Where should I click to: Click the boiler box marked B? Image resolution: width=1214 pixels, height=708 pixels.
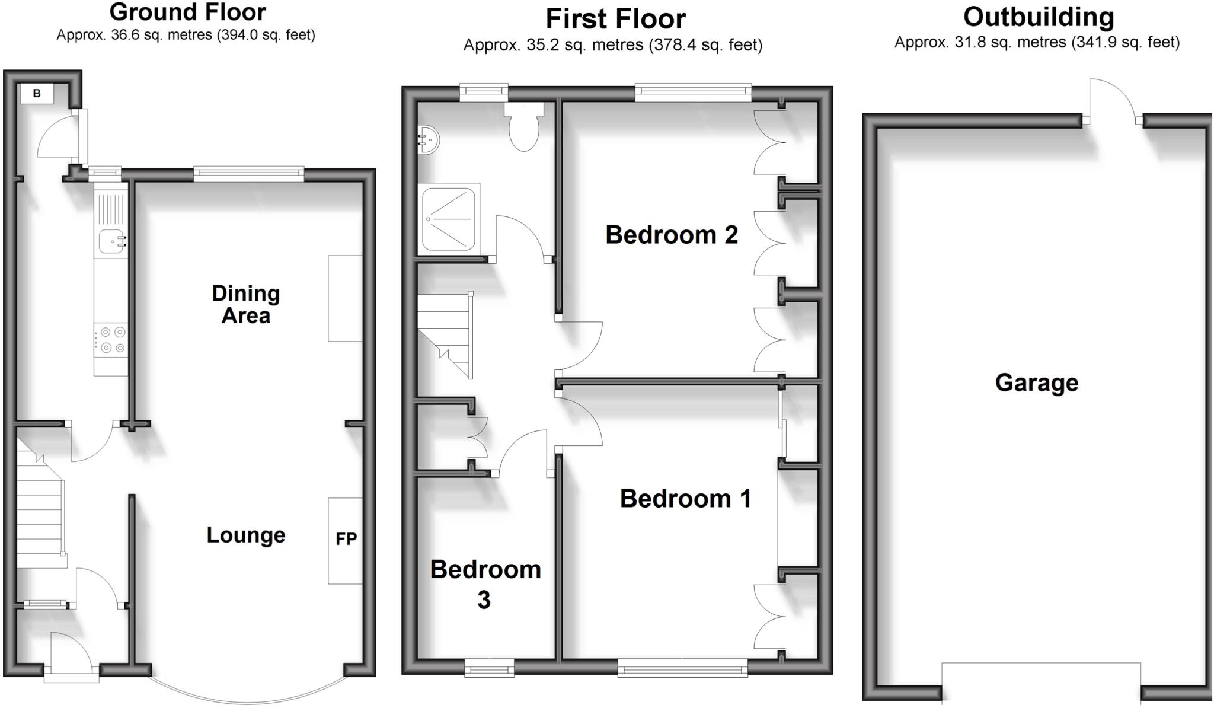(37, 93)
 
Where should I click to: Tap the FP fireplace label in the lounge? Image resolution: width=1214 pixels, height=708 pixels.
(346, 539)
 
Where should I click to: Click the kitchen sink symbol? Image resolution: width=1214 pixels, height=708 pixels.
(112, 241)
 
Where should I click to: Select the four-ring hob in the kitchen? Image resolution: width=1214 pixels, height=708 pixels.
(111, 340)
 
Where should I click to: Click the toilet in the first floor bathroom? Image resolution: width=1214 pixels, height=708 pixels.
(524, 126)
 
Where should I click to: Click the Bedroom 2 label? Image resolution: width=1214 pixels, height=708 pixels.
(671, 235)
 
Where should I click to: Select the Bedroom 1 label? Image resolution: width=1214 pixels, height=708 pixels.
(685, 499)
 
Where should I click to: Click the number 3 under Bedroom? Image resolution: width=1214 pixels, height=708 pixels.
(484, 600)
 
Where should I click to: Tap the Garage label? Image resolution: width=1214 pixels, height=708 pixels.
(1036, 382)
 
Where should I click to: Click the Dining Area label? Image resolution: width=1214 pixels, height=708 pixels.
(245, 304)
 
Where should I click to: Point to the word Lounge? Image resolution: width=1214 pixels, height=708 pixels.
(245, 535)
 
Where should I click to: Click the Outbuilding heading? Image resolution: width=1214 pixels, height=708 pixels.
(1038, 17)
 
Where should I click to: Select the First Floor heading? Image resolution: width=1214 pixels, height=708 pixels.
(615, 19)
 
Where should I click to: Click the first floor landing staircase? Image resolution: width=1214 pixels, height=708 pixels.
(446, 335)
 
